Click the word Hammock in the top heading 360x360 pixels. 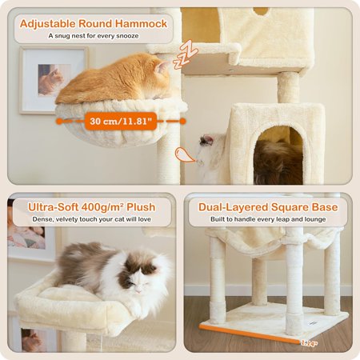(x=141, y=23)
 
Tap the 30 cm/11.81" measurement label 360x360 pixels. (x=121, y=122)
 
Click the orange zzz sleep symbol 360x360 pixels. (x=185, y=54)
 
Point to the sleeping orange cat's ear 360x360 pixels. (x=162, y=67)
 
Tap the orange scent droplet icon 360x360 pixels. (x=185, y=154)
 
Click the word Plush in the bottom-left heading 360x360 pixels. (x=141, y=207)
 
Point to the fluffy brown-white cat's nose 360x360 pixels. (x=138, y=292)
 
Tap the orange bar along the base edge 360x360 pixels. (x=250, y=334)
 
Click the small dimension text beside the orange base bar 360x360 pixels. (x=310, y=343)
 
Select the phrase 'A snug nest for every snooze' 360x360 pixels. (x=94, y=36)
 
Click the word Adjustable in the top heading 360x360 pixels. (x=48, y=23)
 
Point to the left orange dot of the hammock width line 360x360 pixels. (x=59, y=122)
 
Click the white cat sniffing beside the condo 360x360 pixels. (x=210, y=158)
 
